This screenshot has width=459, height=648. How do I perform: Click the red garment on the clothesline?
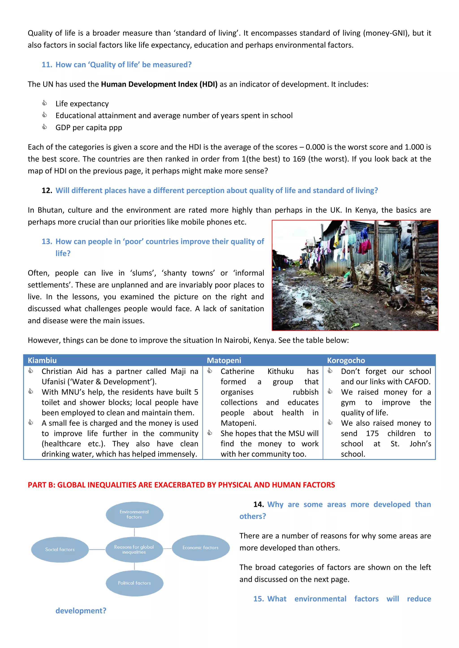(x=365, y=246)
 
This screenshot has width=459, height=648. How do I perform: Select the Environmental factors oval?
(x=134, y=514)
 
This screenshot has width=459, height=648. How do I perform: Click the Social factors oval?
(x=60, y=549)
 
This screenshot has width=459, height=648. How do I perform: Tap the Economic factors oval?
(x=200, y=548)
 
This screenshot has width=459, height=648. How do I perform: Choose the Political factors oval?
(x=134, y=583)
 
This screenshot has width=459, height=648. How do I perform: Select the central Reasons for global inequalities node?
(x=134, y=549)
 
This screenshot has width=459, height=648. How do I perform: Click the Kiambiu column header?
(x=42, y=360)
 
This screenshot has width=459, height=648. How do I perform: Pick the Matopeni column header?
(x=224, y=360)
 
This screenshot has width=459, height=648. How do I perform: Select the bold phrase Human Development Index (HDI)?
(x=159, y=84)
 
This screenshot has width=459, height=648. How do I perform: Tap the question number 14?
(x=258, y=504)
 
